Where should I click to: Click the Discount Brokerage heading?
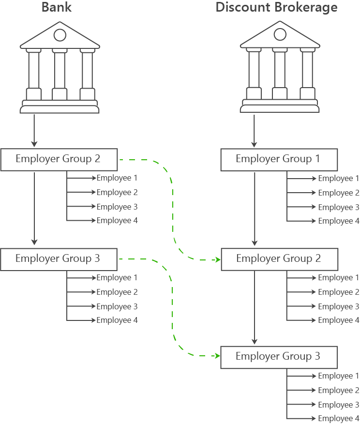(x=276, y=8)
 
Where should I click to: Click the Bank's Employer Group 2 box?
(x=59, y=159)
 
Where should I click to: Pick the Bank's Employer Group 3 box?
(x=59, y=259)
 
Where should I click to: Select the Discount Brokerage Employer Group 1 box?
(x=278, y=159)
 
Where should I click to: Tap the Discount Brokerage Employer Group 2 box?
(x=278, y=259)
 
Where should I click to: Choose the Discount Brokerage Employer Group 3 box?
(x=278, y=357)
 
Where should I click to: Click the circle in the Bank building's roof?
(x=60, y=35)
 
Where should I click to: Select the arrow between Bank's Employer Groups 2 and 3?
(x=34, y=208)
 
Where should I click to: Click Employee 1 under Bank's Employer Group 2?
(x=117, y=178)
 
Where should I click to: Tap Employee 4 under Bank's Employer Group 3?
(x=117, y=320)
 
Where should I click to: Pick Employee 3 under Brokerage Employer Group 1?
(x=338, y=207)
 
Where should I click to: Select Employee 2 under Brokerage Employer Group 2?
(x=338, y=292)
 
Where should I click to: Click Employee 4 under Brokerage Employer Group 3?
(x=338, y=419)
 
